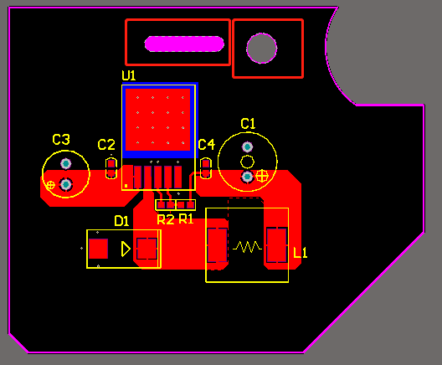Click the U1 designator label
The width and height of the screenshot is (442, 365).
coord(129,75)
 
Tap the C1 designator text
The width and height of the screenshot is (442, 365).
coord(248,123)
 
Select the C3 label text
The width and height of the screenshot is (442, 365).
coord(61,139)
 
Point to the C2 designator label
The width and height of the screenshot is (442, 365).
coord(106,145)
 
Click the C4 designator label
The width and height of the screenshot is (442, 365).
coord(206,144)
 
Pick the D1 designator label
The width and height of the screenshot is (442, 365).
coord(121,221)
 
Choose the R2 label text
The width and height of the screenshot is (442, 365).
coord(166,219)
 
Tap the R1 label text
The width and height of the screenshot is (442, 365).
coord(186,218)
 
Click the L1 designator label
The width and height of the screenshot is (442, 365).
coord(301,253)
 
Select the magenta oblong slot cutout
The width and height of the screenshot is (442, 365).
coord(184,44)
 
